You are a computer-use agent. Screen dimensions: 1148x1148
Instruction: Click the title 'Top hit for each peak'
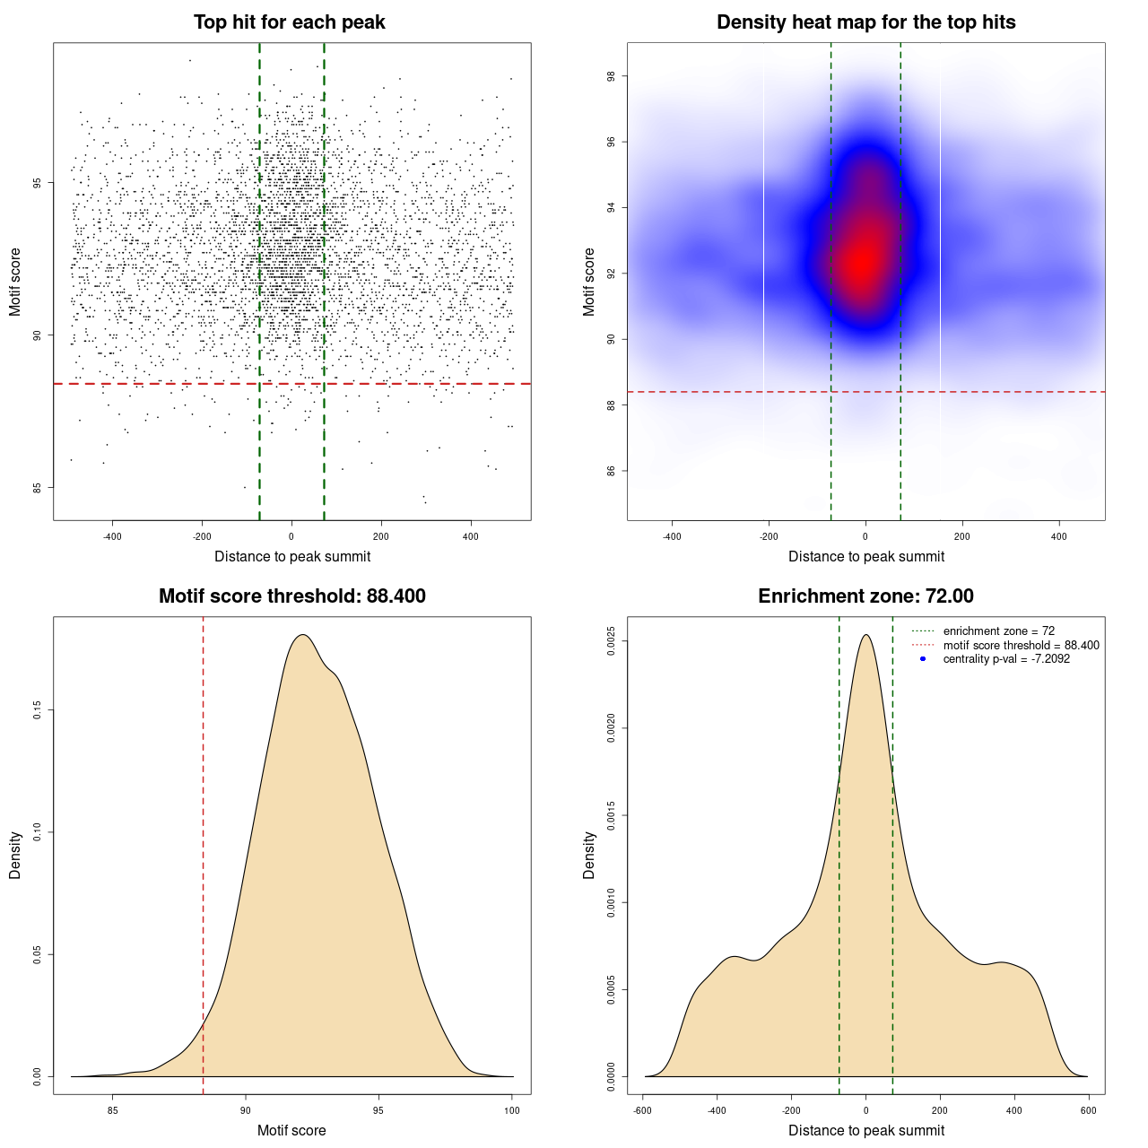(289, 22)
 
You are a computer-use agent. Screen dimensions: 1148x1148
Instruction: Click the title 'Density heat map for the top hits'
(865, 22)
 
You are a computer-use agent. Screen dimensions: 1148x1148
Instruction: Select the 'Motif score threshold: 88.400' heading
(291, 596)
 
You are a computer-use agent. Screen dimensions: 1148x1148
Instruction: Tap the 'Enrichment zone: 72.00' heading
(865, 596)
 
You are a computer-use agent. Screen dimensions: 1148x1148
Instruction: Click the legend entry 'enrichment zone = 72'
(998, 631)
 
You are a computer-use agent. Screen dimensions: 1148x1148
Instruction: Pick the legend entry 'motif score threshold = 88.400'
(1021, 645)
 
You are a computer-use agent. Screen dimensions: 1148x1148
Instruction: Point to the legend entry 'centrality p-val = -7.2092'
(1006, 659)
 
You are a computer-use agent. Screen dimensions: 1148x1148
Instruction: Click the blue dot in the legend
(923, 659)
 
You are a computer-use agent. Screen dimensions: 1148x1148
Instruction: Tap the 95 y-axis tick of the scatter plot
(37, 183)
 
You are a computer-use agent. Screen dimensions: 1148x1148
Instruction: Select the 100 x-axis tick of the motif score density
(512, 1110)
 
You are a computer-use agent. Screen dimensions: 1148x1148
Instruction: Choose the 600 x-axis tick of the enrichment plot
(1088, 1110)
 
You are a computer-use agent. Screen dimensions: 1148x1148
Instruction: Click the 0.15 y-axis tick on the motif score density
(37, 710)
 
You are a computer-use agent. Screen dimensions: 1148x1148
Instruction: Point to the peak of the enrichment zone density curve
(865, 635)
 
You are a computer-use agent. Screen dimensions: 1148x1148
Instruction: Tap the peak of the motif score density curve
(303, 635)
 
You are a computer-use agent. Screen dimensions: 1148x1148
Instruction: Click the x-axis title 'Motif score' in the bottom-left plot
(291, 1130)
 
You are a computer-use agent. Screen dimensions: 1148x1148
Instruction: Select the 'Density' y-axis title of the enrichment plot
(589, 855)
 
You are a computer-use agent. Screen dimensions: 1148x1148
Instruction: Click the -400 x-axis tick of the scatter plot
(112, 536)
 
